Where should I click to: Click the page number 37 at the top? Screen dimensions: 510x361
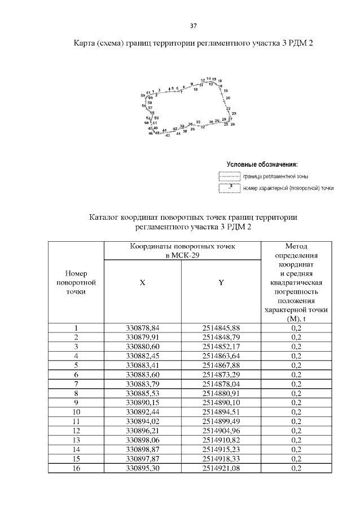click(193, 26)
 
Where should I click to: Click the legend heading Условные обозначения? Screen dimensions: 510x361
click(262, 165)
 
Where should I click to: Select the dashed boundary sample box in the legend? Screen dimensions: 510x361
click(229, 177)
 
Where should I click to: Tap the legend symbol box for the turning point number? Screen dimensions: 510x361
click(229, 188)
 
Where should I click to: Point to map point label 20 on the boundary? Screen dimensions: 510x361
click(228, 98)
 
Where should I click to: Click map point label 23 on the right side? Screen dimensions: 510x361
click(234, 113)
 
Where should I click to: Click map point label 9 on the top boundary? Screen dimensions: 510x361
click(192, 83)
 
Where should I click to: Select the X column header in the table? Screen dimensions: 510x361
click(143, 283)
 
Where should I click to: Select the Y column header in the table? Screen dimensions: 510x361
click(221, 283)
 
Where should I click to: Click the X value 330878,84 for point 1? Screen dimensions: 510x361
click(143, 327)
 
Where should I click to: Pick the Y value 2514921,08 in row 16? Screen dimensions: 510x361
click(221, 468)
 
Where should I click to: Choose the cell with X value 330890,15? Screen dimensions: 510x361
click(143, 402)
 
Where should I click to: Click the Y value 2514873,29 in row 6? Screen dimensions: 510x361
click(221, 374)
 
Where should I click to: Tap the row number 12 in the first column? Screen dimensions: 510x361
click(76, 431)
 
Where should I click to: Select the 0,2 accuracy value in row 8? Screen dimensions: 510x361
click(296, 393)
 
